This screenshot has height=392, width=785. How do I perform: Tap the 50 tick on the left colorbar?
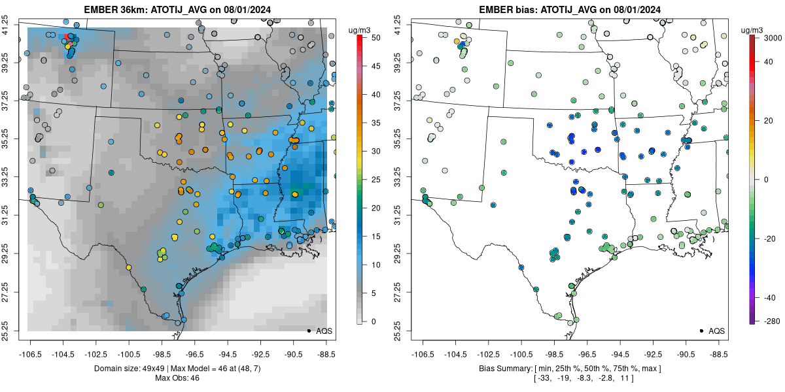[x=375, y=37]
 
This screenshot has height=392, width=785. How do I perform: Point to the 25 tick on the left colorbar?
[x=375, y=180]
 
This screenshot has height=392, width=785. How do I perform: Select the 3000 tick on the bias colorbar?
[x=773, y=38]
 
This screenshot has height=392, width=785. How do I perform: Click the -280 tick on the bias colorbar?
[x=772, y=321]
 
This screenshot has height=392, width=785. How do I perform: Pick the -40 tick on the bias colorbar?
[x=769, y=298]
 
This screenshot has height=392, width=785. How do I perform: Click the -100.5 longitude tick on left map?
[x=129, y=355]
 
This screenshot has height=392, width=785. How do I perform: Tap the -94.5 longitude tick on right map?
[x=620, y=355]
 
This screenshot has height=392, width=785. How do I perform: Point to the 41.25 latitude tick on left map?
[x=5, y=24]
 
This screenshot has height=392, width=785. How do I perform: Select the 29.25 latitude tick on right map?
[x=398, y=253]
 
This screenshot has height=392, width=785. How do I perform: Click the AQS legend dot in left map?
[x=309, y=331]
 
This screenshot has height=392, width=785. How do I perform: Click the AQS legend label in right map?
[x=717, y=331]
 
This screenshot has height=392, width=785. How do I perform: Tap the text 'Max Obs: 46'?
[x=177, y=378]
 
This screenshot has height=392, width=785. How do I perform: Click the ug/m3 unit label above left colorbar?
[x=359, y=30]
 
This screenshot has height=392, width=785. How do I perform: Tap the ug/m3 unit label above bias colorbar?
[x=752, y=30]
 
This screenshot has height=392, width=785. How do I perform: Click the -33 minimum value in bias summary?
[x=544, y=378]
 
